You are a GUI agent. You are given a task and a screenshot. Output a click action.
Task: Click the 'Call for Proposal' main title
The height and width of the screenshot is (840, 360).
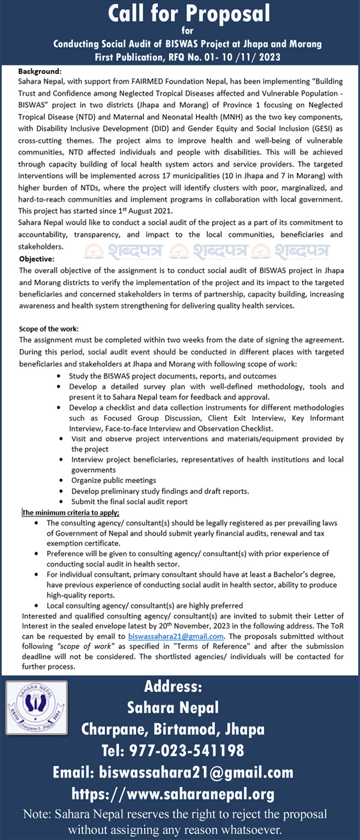coord(180,14)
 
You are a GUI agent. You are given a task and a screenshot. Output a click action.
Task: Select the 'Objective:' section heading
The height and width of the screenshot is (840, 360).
coord(37,259)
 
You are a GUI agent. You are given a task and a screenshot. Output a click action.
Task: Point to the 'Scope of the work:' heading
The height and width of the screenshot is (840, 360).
coord(49,329)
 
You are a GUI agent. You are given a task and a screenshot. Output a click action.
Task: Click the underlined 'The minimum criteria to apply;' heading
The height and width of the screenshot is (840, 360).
coord(70,512)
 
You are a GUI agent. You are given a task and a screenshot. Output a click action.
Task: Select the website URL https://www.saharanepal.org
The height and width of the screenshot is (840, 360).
coord(173,794)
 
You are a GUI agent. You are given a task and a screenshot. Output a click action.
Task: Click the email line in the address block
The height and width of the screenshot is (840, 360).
coord(173,772)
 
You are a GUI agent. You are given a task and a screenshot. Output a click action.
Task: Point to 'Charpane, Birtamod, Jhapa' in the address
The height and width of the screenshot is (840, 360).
coord(173,728)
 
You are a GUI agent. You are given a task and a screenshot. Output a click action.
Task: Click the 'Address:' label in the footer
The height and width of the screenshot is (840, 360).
coord(173,685)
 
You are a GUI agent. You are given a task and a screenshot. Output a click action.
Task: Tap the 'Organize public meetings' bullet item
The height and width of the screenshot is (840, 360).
coord(113,480)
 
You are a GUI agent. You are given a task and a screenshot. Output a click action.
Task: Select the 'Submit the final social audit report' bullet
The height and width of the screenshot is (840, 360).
coord(129,501)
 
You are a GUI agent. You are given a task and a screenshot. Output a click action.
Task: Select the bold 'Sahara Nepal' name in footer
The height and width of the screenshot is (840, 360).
coord(173,707)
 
